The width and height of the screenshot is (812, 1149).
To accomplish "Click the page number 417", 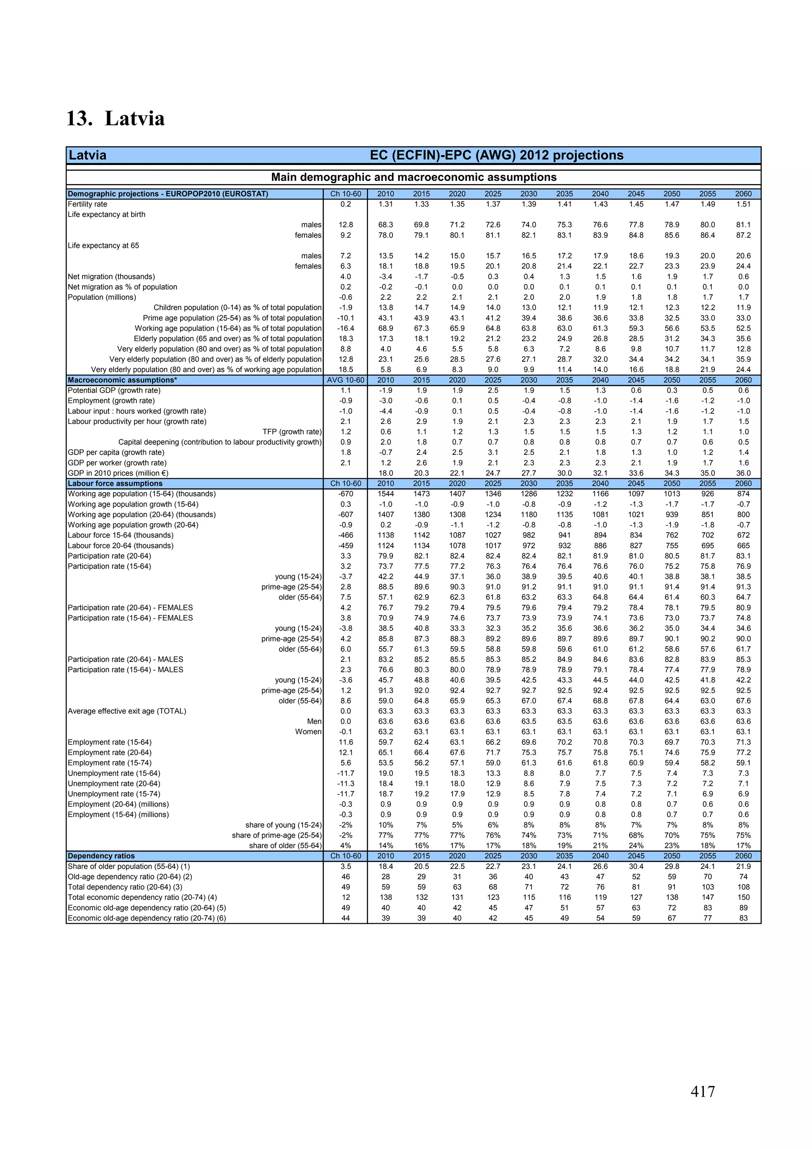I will click(703, 1091).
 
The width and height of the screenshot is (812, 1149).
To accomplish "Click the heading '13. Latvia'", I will click(115, 119).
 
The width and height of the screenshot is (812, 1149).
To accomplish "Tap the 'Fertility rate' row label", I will click(88, 204).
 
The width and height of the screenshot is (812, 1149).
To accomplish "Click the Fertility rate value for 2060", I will click(743, 204).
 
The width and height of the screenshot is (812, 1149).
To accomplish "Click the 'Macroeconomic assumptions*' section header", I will click(123, 380).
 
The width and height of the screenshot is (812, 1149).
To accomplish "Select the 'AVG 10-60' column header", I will click(345, 380).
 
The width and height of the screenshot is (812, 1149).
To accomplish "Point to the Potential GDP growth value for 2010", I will click(385, 390).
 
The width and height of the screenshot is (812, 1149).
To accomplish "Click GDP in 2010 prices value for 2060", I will click(743, 473).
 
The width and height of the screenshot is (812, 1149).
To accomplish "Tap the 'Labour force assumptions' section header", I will click(115, 483).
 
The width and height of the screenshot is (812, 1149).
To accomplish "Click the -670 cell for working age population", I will click(345, 494).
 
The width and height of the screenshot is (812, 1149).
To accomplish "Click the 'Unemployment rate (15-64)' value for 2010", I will click(385, 773).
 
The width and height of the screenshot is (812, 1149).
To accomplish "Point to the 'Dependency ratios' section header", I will click(101, 856).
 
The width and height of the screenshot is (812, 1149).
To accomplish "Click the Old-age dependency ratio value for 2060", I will click(743, 877).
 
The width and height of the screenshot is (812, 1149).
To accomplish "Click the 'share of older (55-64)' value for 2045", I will click(636, 846).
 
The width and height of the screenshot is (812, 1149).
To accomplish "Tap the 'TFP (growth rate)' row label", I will click(292, 432).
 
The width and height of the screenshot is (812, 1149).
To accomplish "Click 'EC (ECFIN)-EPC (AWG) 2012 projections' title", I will click(496, 155).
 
